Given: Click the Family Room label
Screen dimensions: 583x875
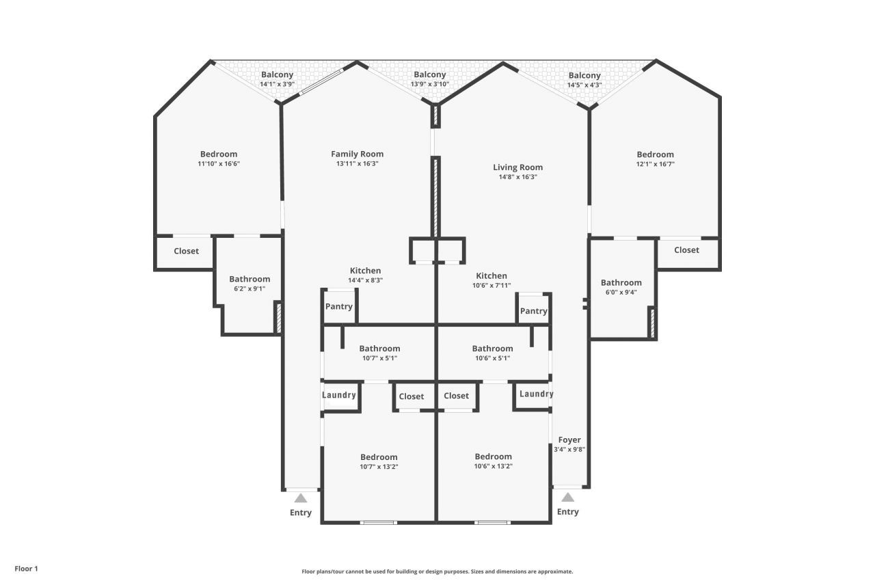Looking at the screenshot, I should (x=357, y=154).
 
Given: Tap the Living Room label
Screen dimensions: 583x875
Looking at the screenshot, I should (x=517, y=167).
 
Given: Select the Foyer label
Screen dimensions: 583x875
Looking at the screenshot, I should (x=569, y=439).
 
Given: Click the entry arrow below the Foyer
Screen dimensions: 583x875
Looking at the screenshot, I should (x=567, y=498).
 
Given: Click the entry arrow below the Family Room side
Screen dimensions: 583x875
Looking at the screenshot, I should (x=301, y=498).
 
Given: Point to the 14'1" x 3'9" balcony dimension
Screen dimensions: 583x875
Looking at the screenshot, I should (x=277, y=84).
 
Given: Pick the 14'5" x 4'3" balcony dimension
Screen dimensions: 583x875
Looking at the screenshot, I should (x=584, y=85).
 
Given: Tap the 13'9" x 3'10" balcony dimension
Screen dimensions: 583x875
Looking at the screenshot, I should (x=429, y=84).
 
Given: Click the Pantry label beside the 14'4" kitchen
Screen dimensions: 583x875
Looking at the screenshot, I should (x=338, y=306).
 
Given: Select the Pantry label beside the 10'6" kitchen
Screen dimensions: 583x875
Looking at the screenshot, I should (x=533, y=311).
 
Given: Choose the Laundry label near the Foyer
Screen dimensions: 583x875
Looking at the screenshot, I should (x=536, y=394).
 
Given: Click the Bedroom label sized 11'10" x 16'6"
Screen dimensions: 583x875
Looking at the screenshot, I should (x=219, y=154).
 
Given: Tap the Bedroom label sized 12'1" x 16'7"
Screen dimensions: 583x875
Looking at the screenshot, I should (x=655, y=154).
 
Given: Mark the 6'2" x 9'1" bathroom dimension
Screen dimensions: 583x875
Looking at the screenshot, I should (x=249, y=288).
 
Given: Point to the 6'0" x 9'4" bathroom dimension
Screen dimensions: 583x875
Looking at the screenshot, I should (x=621, y=292).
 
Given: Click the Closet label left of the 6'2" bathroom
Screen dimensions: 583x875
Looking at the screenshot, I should (x=186, y=251).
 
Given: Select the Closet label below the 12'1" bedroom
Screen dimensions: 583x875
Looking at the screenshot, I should (x=686, y=250).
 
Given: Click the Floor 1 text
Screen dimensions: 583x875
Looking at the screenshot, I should (x=27, y=568).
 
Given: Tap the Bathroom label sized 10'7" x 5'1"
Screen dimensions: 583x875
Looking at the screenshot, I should (x=379, y=349).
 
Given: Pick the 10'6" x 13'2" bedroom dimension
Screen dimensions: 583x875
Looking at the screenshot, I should (x=493, y=466).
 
